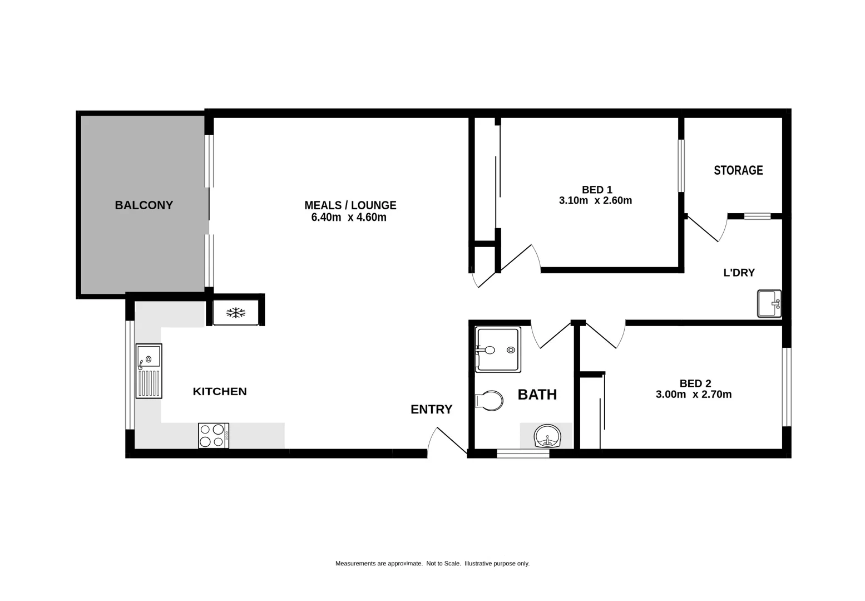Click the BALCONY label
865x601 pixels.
pos(144,205)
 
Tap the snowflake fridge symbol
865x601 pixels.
pos(236,313)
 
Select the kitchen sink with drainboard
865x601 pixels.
pos(149,371)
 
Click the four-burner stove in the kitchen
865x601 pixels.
pos(214,436)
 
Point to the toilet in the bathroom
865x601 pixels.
pos(489,401)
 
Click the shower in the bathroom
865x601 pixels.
pos(498,349)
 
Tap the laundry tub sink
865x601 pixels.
pos(769,304)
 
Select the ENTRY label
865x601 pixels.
pos(431,410)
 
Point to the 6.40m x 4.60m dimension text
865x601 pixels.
pos(349,218)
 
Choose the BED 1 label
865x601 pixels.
pos(597,190)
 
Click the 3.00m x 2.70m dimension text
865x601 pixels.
pos(694,395)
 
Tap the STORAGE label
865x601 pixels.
pos(738,170)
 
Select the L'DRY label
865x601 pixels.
pos(739,273)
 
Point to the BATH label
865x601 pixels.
pos(537,395)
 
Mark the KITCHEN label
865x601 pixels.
pos(220,391)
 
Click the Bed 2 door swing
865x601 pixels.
pos(604,336)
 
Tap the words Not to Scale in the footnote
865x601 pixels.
pos(443,564)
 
